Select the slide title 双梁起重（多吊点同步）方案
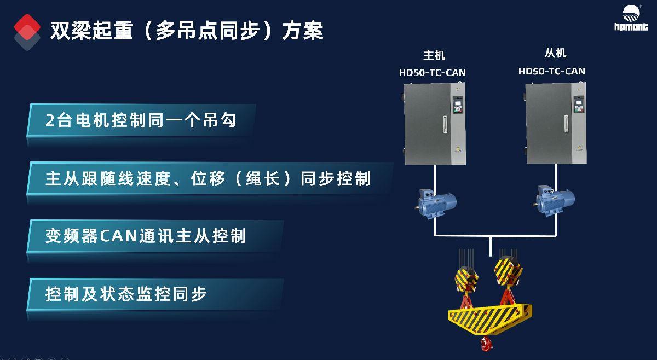pyautogui.click(x=187, y=31)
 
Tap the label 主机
pyautogui.click(x=434, y=55)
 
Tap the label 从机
pyautogui.click(x=555, y=53)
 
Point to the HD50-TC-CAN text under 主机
pyautogui.click(x=433, y=72)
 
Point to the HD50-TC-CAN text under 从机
pyautogui.click(x=551, y=71)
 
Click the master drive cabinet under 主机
pyautogui.click(x=435, y=124)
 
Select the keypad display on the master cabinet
pyautogui.click(x=458, y=104)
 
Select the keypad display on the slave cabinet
pyautogui.click(x=579, y=104)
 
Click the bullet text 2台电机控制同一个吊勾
pyautogui.click(x=141, y=120)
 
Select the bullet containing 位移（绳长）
pyautogui.click(x=208, y=179)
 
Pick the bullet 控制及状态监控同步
pyautogui.click(x=126, y=294)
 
